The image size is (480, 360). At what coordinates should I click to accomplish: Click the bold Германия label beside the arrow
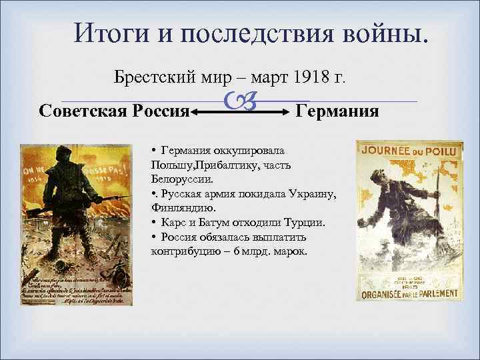(337, 110)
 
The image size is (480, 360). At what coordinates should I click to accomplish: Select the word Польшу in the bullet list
(172, 164)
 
